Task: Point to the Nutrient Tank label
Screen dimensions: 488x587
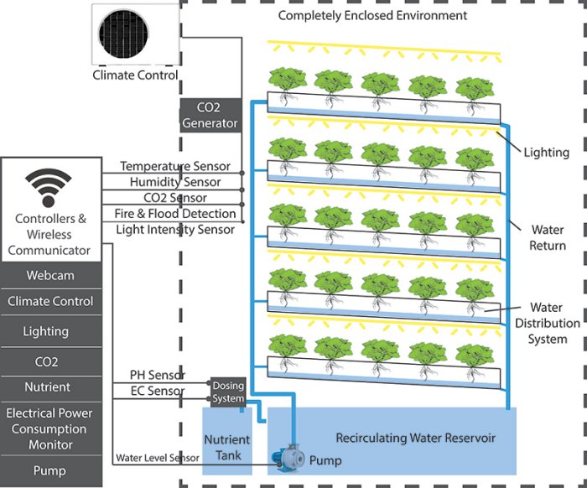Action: (x=227, y=448)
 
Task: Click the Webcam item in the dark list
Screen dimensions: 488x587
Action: (x=50, y=275)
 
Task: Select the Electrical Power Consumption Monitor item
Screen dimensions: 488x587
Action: (x=50, y=428)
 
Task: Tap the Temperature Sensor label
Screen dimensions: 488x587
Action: (x=174, y=167)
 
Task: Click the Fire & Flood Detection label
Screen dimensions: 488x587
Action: (x=174, y=214)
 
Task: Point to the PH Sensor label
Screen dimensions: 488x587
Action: (x=157, y=375)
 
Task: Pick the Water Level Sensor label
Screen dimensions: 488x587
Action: (x=157, y=458)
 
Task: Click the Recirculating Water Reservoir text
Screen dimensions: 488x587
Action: (x=416, y=438)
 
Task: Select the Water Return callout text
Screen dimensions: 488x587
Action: (x=547, y=237)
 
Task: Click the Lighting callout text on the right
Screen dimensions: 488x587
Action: (x=546, y=153)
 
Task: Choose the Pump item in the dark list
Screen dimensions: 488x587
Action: (x=50, y=471)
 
